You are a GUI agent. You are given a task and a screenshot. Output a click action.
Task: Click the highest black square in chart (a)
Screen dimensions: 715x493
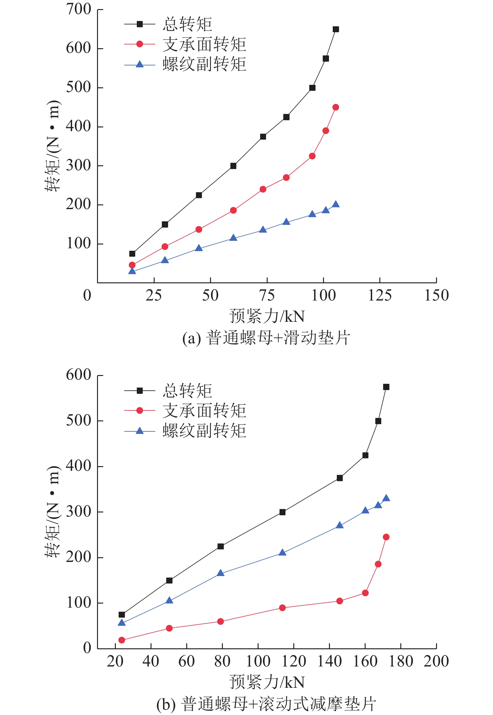pos(336,29)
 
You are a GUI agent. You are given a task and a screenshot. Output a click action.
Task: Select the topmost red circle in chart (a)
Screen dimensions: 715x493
pos(336,107)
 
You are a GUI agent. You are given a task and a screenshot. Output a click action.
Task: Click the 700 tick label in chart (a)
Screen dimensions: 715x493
pos(78,9)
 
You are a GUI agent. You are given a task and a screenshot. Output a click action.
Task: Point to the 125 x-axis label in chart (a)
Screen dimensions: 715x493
pos(380,296)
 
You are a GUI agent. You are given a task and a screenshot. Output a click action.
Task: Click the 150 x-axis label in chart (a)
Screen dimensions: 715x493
pos(436,296)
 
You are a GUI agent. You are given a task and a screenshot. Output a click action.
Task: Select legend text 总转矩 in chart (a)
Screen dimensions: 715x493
pos(187,24)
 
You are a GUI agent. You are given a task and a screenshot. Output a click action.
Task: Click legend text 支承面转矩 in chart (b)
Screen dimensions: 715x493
pos(204,411)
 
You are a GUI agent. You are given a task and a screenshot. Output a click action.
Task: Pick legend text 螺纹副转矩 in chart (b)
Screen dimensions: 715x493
pos(204,431)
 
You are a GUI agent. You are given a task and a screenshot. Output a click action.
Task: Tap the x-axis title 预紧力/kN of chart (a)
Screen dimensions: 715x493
pos(267,316)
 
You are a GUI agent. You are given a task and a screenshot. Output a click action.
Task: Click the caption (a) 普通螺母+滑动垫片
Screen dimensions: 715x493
pos(266,338)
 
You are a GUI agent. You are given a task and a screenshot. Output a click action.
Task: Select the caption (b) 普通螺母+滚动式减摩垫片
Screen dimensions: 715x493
pos(266,704)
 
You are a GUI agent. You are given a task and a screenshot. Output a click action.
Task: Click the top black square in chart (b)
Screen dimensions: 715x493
pos(386,387)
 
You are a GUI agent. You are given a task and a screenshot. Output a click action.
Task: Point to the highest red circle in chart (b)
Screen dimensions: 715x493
pos(386,537)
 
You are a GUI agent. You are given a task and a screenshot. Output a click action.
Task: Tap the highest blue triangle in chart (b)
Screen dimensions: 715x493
pos(386,498)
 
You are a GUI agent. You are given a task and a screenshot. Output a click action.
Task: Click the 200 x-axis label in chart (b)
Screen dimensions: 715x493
pos(436,661)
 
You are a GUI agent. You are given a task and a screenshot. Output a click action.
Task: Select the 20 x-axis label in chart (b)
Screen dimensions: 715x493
pos(115,661)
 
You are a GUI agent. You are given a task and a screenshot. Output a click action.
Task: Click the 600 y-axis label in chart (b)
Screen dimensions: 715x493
pos(78,375)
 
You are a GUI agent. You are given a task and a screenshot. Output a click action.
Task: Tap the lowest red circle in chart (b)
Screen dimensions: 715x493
pos(122,640)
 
